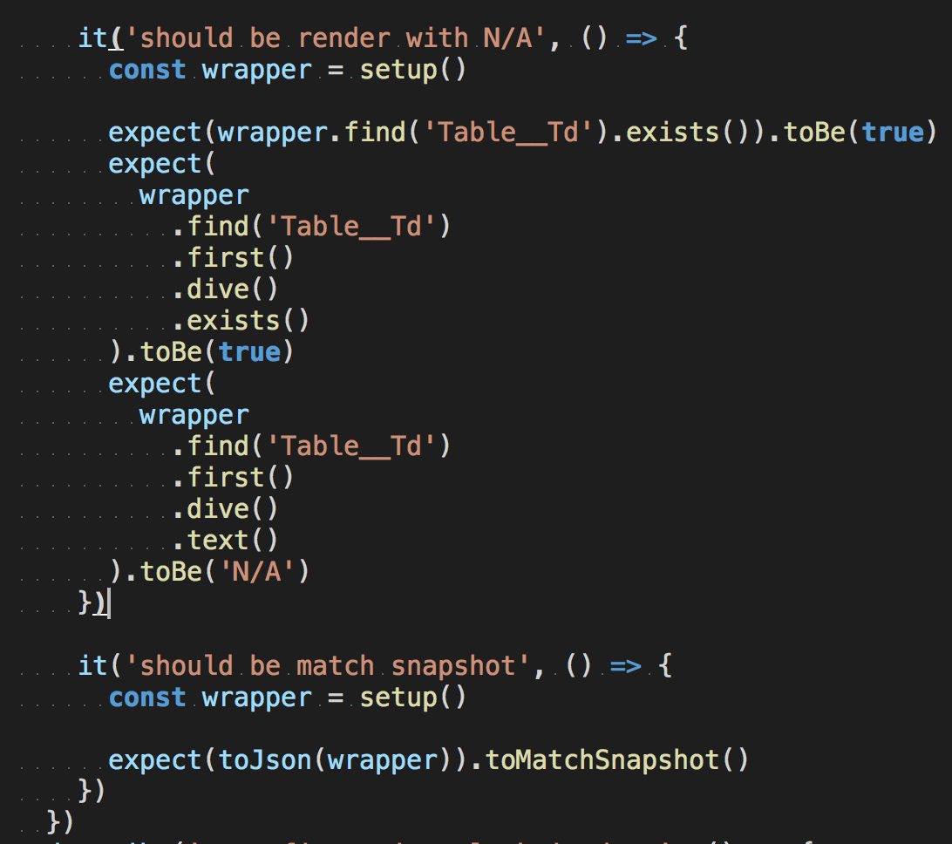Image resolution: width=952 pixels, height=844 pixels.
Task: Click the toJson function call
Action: pos(257,760)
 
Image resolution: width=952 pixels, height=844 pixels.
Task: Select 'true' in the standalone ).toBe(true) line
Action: pos(248,352)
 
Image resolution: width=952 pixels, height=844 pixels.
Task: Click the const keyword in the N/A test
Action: pos(146,70)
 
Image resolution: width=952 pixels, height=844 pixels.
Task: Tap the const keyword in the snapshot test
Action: pos(146,698)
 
